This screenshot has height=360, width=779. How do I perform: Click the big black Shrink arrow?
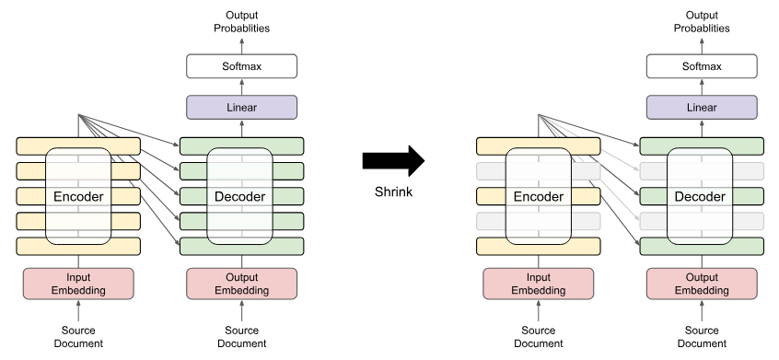pos(391,160)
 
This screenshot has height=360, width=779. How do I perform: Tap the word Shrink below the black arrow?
pos(393,192)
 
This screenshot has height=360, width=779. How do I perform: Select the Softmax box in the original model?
pos(241,66)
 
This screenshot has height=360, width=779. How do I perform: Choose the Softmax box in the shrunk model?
pos(702,66)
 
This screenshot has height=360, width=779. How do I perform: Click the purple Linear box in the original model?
pos(241,108)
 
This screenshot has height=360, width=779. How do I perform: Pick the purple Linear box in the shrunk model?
pos(702,108)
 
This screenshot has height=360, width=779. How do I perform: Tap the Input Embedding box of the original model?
pos(78,284)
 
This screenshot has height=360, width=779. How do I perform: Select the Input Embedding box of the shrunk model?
pos(539,284)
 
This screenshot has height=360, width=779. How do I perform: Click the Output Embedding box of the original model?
pos(241,284)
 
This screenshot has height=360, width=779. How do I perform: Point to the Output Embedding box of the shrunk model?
pos(702,284)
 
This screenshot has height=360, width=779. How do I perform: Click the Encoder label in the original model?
pos(78,196)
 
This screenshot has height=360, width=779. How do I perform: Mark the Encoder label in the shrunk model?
pos(539,196)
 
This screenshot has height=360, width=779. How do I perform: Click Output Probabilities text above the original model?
pos(241,21)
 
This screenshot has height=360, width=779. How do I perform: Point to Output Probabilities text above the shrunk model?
pos(702,21)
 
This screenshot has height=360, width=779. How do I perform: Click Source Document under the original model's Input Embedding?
pos(78,337)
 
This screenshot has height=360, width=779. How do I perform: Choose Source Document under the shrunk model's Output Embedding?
pos(702,337)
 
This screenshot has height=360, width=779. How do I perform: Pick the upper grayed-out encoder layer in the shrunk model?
pos(488,171)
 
